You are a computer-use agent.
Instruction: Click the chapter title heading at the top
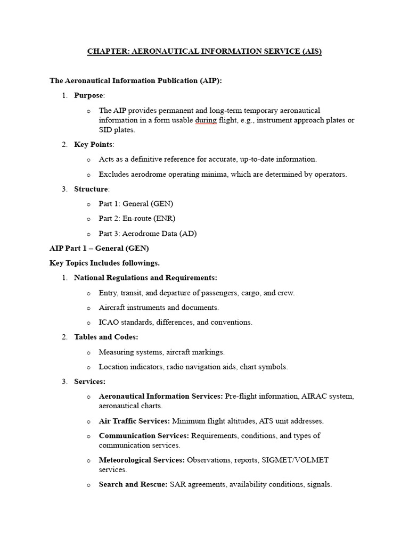[x=204, y=52]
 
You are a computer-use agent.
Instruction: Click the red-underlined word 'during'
[x=206, y=120]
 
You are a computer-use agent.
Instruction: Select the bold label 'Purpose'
[x=89, y=95]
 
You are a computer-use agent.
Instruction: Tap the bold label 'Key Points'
[x=94, y=144]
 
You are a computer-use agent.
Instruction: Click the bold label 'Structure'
[x=91, y=189]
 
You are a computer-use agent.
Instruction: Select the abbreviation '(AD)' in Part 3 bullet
[x=193, y=233]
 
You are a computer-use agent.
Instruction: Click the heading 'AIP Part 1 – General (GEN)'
[x=99, y=248]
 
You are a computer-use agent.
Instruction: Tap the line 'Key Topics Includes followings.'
[x=104, y=263]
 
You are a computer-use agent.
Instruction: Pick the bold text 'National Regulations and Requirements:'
[x=145, y=278]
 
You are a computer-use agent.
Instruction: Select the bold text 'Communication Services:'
[x=144, y=435]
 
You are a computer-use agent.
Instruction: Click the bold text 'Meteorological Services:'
[x=142, y=460]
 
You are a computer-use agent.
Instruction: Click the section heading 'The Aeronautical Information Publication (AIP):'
[x=136, y=80]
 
